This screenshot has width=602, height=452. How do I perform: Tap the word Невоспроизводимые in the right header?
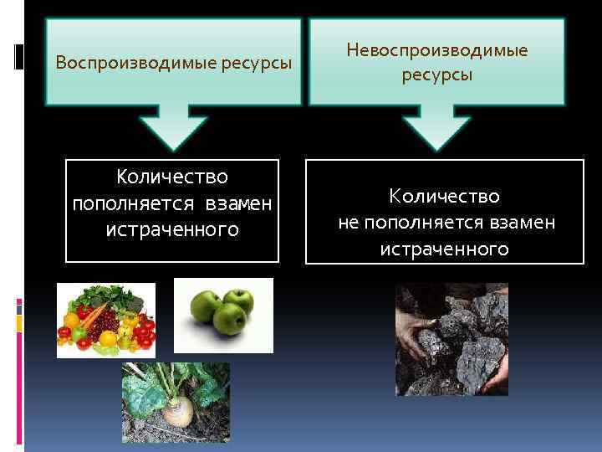436,51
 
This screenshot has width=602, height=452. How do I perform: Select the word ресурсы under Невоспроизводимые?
436,75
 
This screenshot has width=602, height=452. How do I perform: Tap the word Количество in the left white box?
172,177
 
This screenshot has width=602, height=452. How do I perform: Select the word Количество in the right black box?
444,197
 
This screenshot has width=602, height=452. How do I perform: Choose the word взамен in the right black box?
523,223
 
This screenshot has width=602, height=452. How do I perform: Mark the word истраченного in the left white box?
172,229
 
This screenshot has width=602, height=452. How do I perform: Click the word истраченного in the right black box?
444,249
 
